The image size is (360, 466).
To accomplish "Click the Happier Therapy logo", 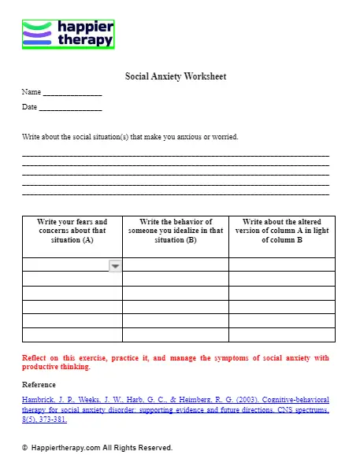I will pyautogui.click(x=68, y=34).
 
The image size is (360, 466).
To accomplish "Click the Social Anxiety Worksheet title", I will pyautogui.click(x=176, y=76).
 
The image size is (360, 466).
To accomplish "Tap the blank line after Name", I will pyautogui.click(x=72, y=94).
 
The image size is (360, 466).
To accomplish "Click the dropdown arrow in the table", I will pyautogui.click(x=115, y=266).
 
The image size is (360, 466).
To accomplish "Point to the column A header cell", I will pyautogui.click(x=72, y=231).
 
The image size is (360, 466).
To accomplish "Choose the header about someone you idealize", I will pyautogui.click(x=176, y=231).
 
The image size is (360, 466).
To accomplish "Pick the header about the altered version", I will pyautogui.click(x=282, y=231).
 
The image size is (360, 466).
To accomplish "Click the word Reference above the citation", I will pyautogui.click(x=39, y=385).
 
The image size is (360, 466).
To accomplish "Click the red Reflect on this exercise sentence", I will pyautogui.click(x=176, y=362).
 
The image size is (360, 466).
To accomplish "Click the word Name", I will pyautogui.click(x=31, y=92).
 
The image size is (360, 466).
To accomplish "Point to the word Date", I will pyautogui.click(x=29, y=106).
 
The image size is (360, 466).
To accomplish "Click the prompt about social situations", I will pyautogui.click(x=130, y=137).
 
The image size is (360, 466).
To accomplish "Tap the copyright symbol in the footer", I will pyautogui.click(x=25, y=448).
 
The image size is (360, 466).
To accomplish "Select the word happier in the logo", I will pyautogui.click(x=86, y=28).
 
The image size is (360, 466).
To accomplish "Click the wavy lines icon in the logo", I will pyautogui.click(x=38, y=34).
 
